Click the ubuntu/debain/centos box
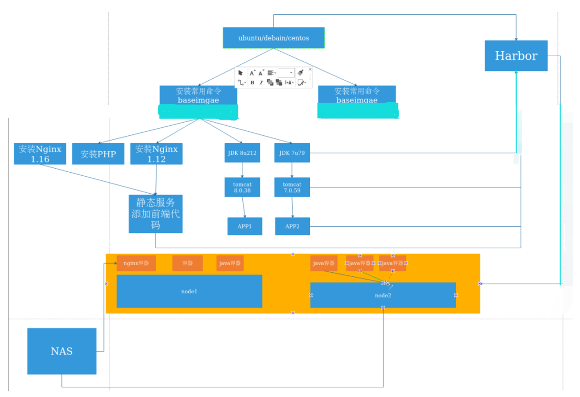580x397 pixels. coord(273,38)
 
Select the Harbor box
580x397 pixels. coord(516,56)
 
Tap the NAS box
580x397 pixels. coord(61,351)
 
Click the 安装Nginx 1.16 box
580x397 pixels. coord(40,154)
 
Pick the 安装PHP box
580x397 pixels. coord(98,154)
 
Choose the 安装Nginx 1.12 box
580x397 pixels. coord(157,154)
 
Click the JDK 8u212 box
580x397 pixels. coord(242,153)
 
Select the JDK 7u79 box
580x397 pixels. coord(292,153)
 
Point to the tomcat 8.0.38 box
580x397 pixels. coord(242,187)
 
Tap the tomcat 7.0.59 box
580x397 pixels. coord(292,187)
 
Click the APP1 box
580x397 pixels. coord(244,226)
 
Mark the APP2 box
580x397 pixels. coord(292,226)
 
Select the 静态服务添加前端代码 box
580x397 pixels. coord(155,214)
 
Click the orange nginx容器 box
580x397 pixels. coord(136,263)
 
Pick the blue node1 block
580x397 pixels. coord(189,291)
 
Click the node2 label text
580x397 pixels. coord(383,296)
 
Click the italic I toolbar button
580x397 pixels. coord(261,82)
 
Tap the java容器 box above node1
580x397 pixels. coord(230,263)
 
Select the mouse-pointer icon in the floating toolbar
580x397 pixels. coord(240,73)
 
